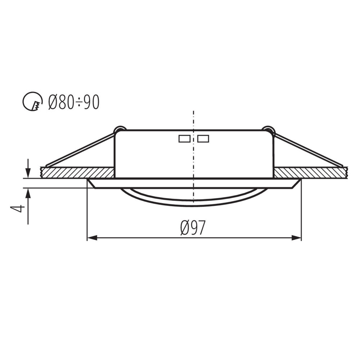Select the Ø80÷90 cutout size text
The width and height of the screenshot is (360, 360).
(x=73, y=102)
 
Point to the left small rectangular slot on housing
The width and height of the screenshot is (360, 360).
(x=184, y=139)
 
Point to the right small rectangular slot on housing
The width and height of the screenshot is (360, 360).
(x=203, y=139)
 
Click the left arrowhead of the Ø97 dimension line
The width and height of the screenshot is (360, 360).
(x=92, y=238)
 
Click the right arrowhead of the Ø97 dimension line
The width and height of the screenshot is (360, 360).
(x=296, y=238)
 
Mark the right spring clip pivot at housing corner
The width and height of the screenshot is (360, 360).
(x=269, y=130)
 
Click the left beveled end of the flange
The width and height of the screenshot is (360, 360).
(x=91, y=183)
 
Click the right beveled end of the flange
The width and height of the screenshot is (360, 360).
(x=297, y=183)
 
